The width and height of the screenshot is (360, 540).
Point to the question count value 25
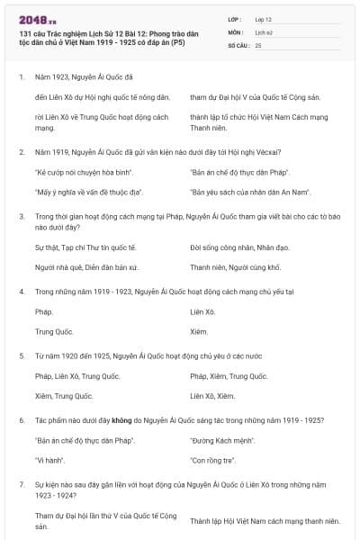258,44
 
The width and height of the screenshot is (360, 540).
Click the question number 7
21,484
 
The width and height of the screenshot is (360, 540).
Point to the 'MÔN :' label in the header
236,31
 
